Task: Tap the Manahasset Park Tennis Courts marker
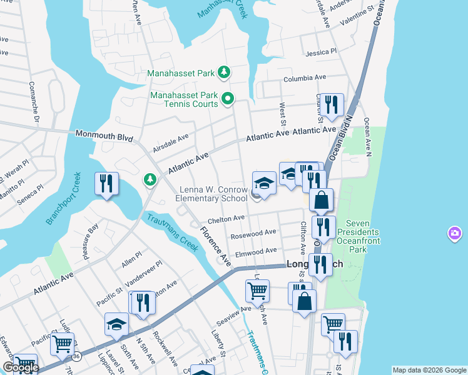[229, 98]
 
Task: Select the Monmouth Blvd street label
[104, 135]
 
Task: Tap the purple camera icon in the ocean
[454, 234]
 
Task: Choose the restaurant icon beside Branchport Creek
[106, 183]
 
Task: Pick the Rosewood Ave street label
[253, 233]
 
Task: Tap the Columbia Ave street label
[305, 79]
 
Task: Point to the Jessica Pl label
[322, 52]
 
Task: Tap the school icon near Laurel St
[116, 324]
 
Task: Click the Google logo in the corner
[21, 368]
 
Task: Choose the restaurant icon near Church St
[332, 104]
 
